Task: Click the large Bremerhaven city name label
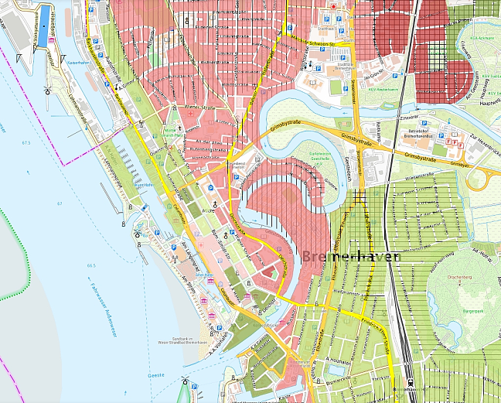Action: pyautogui.click(x=351, y=256)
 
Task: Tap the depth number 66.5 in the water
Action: pyautogui.click(x=91, y=265)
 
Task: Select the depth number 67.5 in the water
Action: pyautogui.click(x=26, y=143)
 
